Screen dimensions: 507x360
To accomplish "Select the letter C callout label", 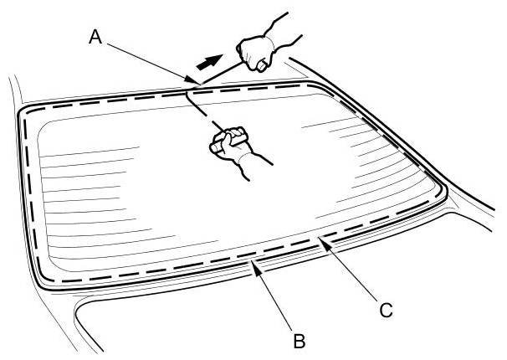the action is [385, 311].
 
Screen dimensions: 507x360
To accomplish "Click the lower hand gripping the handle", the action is [230, 143].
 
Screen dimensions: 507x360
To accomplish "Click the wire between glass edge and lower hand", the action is [201, 109].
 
